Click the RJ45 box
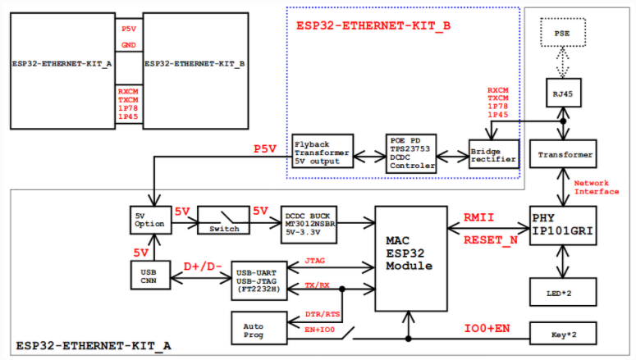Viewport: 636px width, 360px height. (x=564, y=95)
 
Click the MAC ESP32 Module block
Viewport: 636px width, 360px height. (x=410, y=256)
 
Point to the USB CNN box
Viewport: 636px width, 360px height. (x=150, y=276)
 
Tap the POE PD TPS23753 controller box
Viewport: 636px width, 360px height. (x=413, y=153)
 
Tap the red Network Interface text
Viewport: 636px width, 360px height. (x=597, y=187)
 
